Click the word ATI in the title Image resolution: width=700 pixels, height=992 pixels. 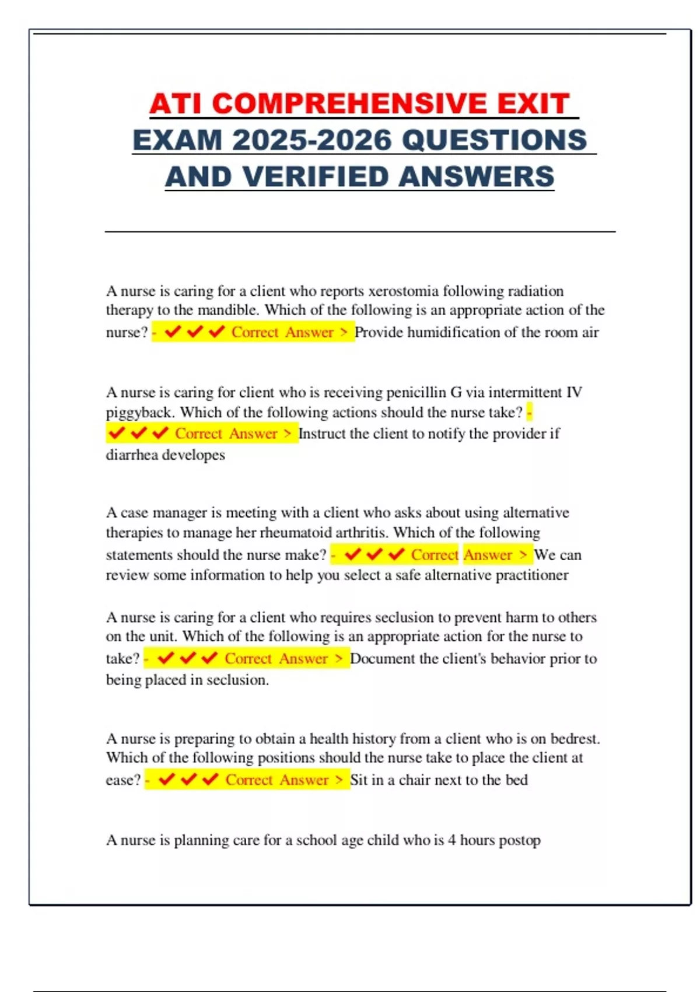pos(176,104)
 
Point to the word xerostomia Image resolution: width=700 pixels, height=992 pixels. pos(404,291)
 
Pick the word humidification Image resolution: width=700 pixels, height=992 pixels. pos(453,332)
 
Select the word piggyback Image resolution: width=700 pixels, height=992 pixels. pos(140,413)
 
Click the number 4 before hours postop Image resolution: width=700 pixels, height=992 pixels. pos(452,840)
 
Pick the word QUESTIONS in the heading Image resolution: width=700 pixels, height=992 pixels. pos(495,141)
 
